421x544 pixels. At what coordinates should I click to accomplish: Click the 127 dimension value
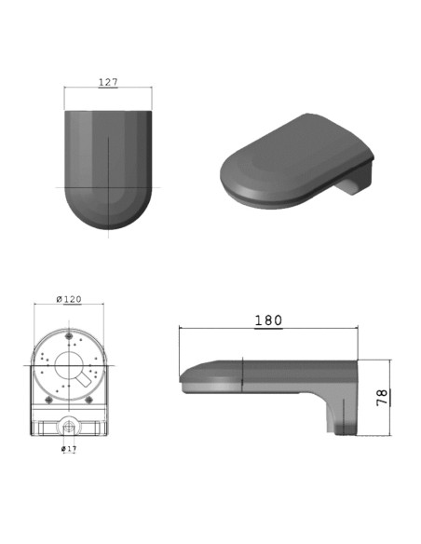[108, 82]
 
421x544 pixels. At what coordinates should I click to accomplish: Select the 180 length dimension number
[268, 320]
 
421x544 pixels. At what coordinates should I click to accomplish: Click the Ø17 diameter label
[69, 449]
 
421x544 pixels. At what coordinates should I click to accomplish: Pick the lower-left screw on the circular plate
[48, 400]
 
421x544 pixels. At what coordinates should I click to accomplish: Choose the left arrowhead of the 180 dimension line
[180, 329]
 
